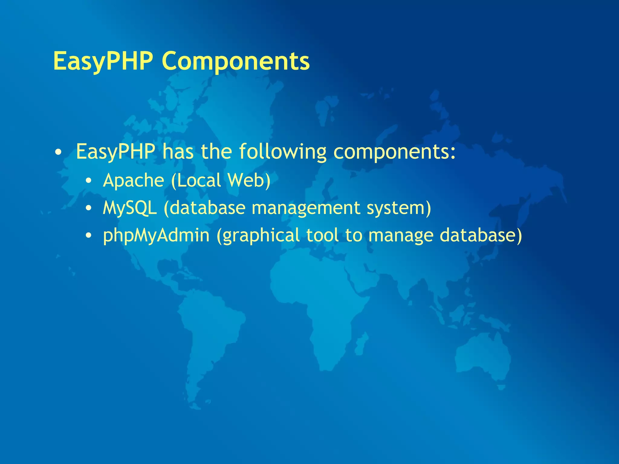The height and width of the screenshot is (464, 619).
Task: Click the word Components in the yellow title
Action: pyautogui.click(x=236, y=61)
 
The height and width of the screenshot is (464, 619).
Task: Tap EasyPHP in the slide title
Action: pyautogui.click(x=103, y=62)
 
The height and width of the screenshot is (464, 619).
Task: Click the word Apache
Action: pyautogui.click(x=133, y=181)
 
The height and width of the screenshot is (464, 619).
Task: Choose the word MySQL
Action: pyautogui.click(x=130, y=208)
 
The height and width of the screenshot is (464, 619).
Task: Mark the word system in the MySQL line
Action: pyautogui.click(x=396, y=208)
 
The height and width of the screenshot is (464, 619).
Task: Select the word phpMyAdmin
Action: pyautogui.click(x=156, y=236)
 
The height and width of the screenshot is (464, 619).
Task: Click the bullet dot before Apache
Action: pyautogui.click(x=88, y=181)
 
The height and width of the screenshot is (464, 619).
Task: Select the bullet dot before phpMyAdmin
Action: pyautogui.click(x=88, y=236)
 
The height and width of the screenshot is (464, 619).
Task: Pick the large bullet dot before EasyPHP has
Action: pyautogui.click(x=58, y=152)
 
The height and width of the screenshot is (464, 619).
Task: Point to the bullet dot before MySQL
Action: pyautogui.click(x=88, y=208)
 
